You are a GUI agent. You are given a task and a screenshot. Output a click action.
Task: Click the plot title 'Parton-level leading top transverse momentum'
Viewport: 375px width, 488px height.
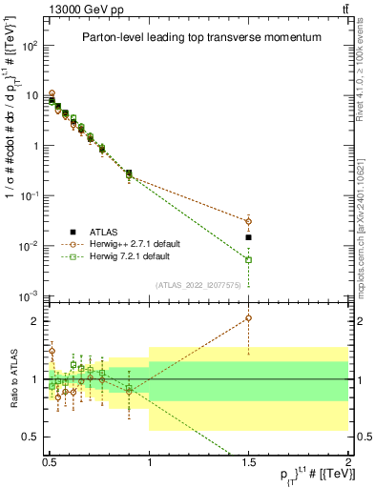(198, 37)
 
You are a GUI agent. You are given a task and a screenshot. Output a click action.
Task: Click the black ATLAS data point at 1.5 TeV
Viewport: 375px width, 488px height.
(249, 237)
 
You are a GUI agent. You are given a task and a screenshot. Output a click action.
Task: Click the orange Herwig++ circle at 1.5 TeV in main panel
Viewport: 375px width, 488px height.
(249, 221)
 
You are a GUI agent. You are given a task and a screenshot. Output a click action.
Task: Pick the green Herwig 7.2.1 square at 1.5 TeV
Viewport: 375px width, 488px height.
(249, 259)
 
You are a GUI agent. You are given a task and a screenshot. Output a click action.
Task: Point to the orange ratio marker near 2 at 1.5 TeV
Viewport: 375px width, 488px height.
(249, 318)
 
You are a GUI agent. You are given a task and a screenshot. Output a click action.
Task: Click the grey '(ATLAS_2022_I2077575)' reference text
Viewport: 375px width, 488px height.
(198, 285)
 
